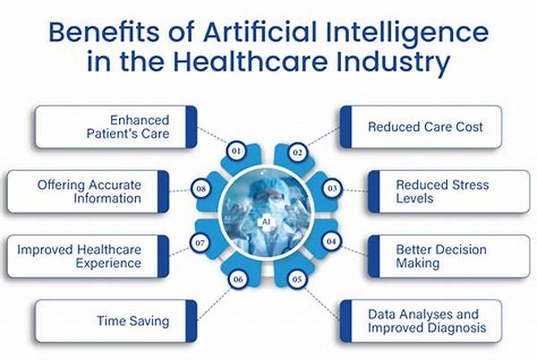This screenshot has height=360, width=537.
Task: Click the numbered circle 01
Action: tap(236, 150)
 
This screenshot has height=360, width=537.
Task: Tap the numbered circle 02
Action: tap(297, 152)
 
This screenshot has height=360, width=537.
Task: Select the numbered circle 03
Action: tap(332, 188)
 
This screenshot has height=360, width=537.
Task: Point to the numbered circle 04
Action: tap(331, 242)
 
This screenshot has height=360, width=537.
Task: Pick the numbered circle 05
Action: tap(297, 279)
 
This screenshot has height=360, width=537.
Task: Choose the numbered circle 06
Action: tap(238, 279)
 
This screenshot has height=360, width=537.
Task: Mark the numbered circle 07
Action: tap(200, 243)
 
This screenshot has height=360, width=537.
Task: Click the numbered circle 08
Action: tap(201, 188)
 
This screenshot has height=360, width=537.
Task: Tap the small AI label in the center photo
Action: tap(266, 222)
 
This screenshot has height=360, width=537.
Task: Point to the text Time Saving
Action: tap(132, 321)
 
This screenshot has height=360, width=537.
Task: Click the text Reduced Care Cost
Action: tap(425, 127)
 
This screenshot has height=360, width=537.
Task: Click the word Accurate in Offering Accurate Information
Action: tap(115, 185)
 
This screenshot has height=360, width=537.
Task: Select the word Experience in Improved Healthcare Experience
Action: tap(108, 263)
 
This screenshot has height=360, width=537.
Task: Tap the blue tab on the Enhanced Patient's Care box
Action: tap(192, 127)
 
